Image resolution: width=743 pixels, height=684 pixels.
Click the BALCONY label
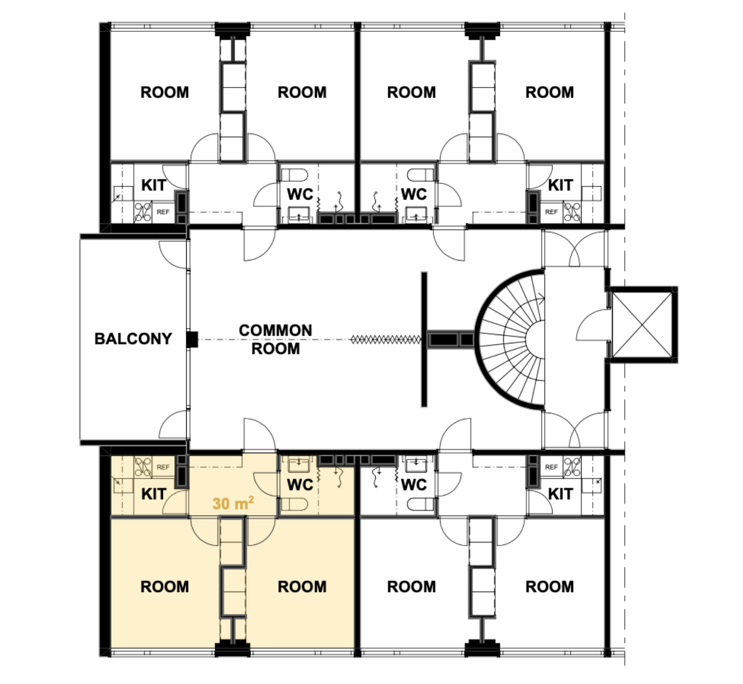coord(133,338)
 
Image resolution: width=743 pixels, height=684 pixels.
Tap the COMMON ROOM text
coord(275,339)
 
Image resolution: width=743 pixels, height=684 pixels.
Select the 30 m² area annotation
coord(233,503)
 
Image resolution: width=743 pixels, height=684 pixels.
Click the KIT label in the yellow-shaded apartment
coord(154,494)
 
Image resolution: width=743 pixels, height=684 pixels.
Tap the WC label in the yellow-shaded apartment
coord(300,485)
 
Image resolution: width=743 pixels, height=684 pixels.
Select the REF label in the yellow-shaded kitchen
coord(163,467)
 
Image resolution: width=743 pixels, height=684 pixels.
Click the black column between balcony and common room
coord(192,339)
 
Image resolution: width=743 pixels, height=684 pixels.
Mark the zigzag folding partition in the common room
coord(385,340)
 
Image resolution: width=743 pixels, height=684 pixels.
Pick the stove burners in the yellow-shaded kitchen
coord(143,467)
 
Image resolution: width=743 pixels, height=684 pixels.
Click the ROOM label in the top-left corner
coord(165,92)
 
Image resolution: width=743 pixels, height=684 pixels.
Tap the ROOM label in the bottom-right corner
coord(549,586)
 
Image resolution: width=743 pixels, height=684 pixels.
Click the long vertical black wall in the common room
coord(424,339)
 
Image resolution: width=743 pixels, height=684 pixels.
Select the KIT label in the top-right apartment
coord(560,185)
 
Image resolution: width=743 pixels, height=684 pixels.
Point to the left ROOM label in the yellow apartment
coord(165,586)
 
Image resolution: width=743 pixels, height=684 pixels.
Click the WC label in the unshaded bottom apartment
coord(414,485)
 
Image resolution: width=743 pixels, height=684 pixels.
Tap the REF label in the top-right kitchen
coord(551,212)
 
